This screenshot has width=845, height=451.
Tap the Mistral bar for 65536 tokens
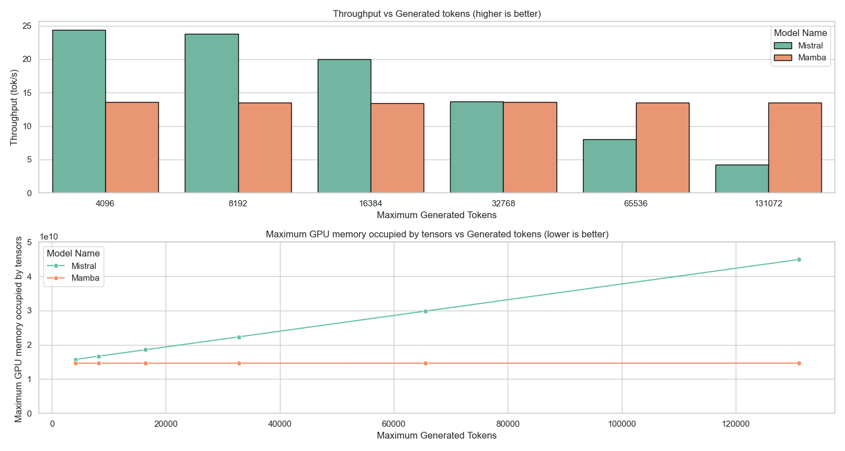610,166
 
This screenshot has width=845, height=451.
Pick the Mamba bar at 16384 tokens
397,148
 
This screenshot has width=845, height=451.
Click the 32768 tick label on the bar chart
503,204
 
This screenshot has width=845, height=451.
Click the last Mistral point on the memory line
799,259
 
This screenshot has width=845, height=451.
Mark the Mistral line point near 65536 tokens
425,311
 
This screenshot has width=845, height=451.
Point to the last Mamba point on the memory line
799,363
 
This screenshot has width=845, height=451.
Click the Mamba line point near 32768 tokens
239,363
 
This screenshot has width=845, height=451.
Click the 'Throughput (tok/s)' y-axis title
15,107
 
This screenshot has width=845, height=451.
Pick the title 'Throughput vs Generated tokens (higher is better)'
437,14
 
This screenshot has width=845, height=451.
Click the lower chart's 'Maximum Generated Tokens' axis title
437,436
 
